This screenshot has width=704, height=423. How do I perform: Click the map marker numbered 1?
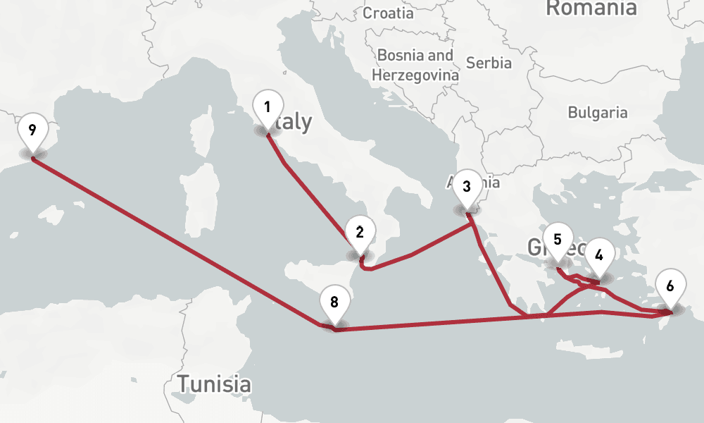268,108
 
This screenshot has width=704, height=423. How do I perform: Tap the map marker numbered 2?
360,233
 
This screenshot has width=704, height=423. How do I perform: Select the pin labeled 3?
466,188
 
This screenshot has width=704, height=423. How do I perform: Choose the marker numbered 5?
558,240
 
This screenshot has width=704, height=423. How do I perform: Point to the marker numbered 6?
670,286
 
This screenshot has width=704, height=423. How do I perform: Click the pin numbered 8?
334,303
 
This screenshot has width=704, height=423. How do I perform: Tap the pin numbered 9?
32,130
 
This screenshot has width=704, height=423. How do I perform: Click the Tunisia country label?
214,385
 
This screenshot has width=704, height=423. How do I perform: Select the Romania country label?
591,8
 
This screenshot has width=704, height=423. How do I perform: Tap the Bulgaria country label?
598,112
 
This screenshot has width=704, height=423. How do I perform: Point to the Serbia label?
489,63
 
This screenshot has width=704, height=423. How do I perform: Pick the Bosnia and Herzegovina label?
415,64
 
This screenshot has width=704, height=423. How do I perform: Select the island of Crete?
591,353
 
